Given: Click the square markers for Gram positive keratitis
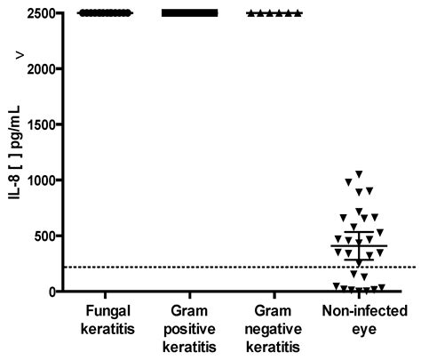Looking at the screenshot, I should point(188,13).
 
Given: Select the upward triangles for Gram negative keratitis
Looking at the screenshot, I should point(274,13).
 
